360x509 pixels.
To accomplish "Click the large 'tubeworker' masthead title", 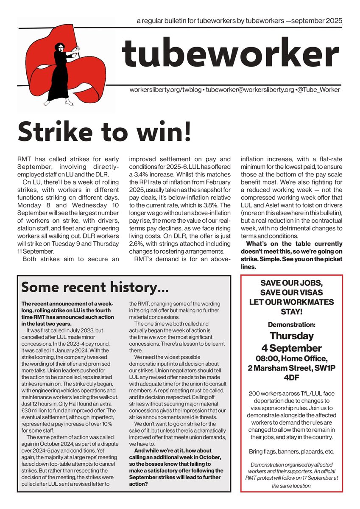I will point(230,53).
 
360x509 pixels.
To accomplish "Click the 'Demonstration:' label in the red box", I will point(291,324).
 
